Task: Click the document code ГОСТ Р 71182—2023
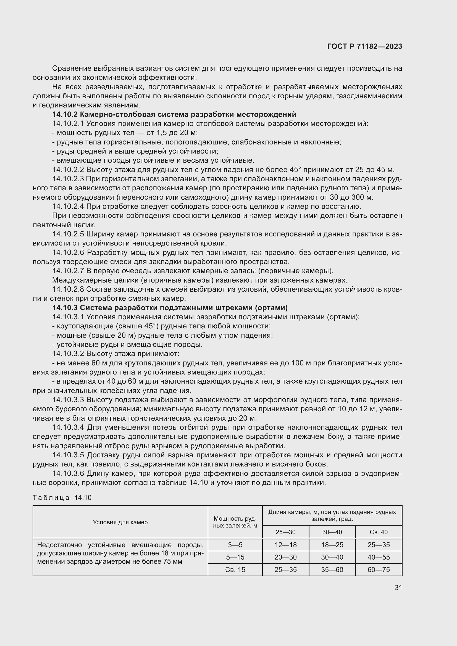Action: [x=364, y=46]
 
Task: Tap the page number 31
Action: [x=398, y=587]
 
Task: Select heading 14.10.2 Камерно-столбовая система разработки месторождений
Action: [x=174, y=115]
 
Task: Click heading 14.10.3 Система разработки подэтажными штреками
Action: [x=170, y=308]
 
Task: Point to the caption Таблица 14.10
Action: [x=62, y=497]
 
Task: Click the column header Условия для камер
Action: [x=120, y=522]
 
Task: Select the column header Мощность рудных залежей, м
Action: [x=235, y=522]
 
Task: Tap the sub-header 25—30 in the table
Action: [x=285, y=532]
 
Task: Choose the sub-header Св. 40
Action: [x=379, y=532]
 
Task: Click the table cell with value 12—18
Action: [x=285, y=545]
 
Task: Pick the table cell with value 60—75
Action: [x=379, y=569]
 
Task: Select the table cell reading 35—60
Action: [x=332, y=569]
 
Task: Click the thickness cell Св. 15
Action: [x=235, y=569]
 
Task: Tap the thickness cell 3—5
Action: [x=235, y=545]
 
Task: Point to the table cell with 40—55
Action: [x=379, y=557]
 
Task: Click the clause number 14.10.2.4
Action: [x=68, y=207]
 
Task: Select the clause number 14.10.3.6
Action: [x=68, y=474]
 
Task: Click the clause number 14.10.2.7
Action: [x=68, y=271]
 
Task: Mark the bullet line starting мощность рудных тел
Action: [x=125, y=133]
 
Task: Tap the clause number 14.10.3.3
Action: [x=68, y=400]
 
